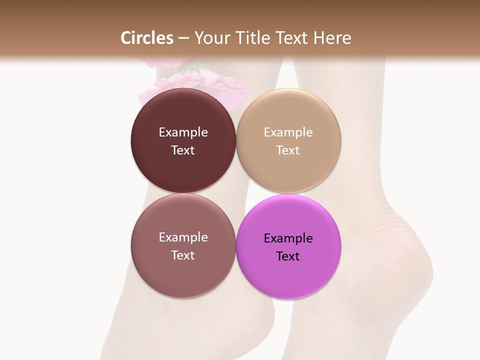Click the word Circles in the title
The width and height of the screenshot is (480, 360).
point(146,38)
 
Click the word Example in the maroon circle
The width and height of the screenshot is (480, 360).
point(183,132)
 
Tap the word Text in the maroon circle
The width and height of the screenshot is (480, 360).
point(183,150)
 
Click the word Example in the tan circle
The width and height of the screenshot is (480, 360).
point(288,132)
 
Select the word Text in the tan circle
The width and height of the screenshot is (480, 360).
point(288,150)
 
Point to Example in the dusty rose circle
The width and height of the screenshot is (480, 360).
point(183,237)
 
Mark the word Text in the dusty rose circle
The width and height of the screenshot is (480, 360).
point(183,255)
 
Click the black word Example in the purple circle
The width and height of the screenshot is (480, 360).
point(288,238)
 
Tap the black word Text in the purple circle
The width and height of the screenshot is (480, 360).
point(288,256)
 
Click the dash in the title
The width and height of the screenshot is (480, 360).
point(183,38)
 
